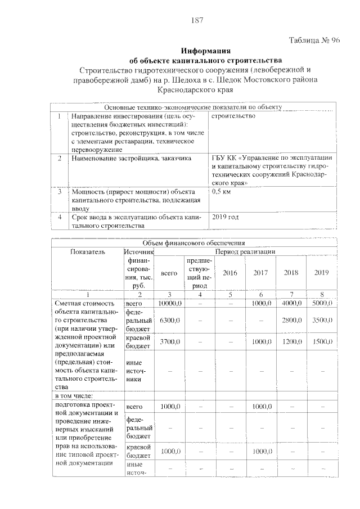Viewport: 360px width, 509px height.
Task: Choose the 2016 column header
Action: (230, 273)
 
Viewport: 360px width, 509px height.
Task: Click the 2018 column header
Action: (291, 273)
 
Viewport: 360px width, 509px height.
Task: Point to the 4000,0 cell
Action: (291, 303)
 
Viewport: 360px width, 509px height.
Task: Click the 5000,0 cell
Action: (321, 303)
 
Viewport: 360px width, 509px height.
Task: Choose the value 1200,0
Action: (291, 341)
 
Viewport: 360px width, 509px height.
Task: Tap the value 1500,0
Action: (321, 341)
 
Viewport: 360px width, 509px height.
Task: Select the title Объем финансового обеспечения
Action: (194, 242)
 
